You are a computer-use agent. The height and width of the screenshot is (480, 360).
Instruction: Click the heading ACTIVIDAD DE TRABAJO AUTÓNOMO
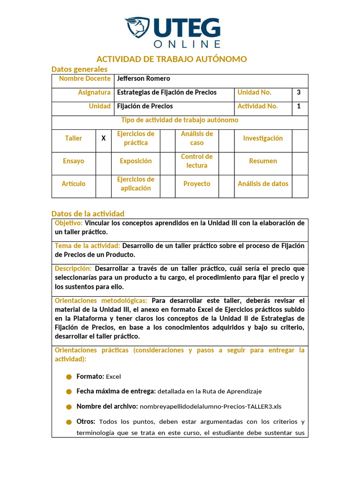(x=172, y=59)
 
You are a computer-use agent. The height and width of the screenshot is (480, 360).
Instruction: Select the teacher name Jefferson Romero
(x=143, y=79)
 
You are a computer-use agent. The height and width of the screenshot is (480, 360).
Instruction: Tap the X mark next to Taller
(x=104, y=138)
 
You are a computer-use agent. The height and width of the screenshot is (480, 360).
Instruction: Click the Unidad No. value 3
(x=299, y=92)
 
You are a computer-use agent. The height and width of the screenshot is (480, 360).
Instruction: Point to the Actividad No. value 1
(x=299, y=106)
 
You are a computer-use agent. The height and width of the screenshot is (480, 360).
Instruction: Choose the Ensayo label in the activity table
(x=74, y=161)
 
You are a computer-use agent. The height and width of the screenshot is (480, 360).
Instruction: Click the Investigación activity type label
(x=263, y=138)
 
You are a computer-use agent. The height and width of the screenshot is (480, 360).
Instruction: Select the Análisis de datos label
(x=263, y=184)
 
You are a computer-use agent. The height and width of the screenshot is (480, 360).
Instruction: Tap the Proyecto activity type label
(x=197, y=184)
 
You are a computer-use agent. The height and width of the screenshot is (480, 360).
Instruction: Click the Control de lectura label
(x=197, y=161)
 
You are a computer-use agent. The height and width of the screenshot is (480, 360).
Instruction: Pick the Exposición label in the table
(x=136, y=161)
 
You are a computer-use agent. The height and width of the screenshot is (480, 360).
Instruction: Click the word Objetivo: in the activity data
(x=69, y=223)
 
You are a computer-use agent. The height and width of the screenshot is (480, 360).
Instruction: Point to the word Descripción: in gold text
(x=74, y=269)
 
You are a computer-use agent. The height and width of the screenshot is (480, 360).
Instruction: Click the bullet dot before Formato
(x=69, y=377)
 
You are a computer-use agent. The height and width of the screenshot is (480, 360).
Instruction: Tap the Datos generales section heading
(x=79, y=69)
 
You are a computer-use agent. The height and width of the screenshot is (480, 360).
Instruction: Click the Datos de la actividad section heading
(x=88, y=214)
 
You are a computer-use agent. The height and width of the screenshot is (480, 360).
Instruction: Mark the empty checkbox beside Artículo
(x=104, y=184)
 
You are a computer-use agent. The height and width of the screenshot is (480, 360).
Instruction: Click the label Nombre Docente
(x=85, y=79)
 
